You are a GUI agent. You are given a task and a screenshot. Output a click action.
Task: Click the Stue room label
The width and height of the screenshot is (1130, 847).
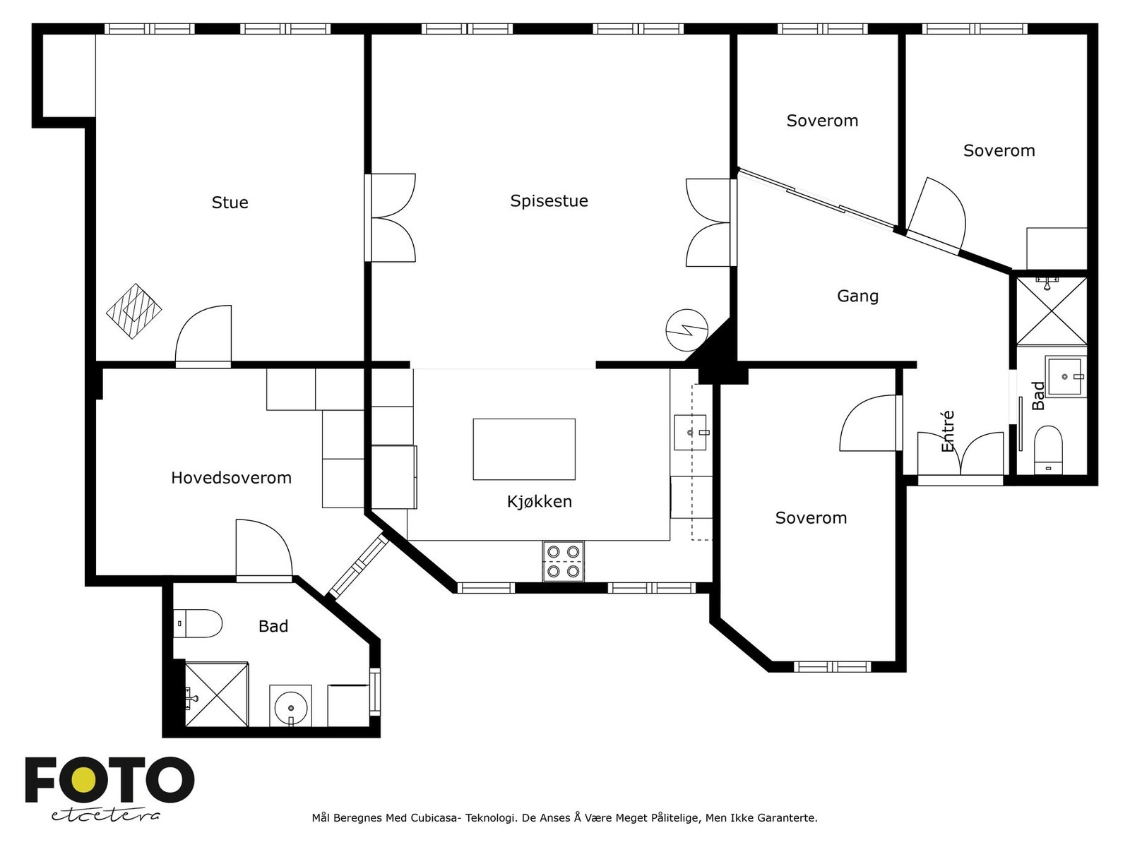(230, 202)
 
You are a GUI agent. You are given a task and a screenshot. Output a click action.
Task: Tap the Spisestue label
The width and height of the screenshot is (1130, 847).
(549, 200)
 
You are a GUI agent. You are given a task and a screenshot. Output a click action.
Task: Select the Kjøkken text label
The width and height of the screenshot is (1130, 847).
(539, 501)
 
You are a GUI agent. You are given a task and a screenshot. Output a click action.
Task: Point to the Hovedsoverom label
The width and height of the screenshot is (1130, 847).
(231, 478)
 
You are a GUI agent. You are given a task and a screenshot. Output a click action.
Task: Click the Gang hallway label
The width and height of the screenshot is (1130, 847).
(857, 296)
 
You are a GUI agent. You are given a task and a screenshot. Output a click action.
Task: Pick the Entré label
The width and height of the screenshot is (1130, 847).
(947, 431)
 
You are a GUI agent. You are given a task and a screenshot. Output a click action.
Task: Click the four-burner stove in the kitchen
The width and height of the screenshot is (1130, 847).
(563, 561)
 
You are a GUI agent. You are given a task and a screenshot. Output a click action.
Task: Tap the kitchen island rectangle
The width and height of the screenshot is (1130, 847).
(524, 449)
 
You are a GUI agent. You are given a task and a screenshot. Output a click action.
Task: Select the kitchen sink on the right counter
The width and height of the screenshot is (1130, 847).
(690, 433)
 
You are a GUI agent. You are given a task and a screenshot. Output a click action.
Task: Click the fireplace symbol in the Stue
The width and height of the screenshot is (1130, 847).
(134, 311)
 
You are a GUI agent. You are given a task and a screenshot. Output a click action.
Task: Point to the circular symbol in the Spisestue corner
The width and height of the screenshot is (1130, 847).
(686, 330)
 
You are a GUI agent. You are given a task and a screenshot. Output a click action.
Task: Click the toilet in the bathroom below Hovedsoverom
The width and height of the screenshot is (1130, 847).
(197, 623)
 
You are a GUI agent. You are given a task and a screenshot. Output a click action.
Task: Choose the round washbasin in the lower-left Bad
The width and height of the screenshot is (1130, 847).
(291, 707)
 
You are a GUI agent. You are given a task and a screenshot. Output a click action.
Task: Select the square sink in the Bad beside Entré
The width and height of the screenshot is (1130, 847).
(1064, 376)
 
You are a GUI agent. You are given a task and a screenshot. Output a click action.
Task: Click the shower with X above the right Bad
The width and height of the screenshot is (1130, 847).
(1052, 311)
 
